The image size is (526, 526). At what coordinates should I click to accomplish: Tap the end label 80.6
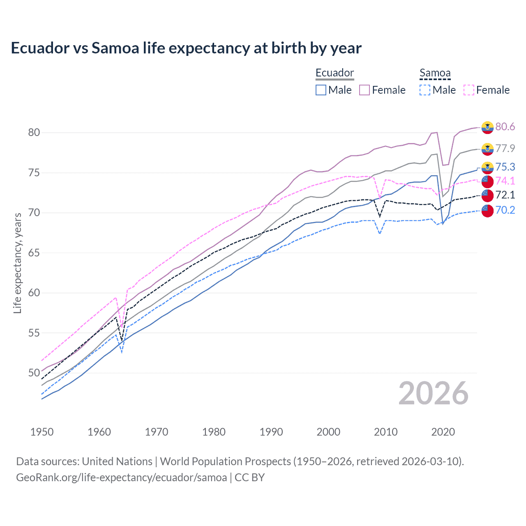(x=505, y=127)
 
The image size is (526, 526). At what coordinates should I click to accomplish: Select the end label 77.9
(x=505, y=148)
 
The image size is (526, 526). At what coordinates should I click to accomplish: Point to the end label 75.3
(x=505, y=167)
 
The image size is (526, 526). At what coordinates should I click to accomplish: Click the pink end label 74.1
(x=505, y=181)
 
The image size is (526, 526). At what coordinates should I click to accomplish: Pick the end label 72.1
(x=505, y=195)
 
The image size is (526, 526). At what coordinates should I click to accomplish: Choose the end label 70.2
(x=505, y=210)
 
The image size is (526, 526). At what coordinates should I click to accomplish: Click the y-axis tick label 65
(x=34, y=253)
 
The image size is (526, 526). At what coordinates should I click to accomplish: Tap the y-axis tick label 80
(x=34, y=132)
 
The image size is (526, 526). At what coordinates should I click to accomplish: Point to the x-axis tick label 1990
(x=271, y=432)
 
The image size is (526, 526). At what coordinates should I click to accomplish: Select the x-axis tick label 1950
(x=42, y=432)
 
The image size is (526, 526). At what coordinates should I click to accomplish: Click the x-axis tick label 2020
(x=443, y=432)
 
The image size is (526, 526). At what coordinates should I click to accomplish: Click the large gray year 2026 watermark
(x=434, y=393)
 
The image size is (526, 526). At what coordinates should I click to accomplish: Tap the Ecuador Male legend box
(x=321, y=90)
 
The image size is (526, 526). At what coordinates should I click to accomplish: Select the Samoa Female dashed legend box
(x=469, y=90)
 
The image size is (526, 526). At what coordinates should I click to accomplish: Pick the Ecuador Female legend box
(x=365, y=90)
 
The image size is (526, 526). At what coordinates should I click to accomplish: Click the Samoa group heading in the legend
(x=435, y=73)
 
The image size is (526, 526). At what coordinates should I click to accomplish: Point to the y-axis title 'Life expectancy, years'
(x=17, y=263)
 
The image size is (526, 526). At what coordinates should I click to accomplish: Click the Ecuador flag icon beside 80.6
(x=487, y=127)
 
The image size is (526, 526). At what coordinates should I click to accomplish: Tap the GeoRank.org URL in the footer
(x=121, y=478)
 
